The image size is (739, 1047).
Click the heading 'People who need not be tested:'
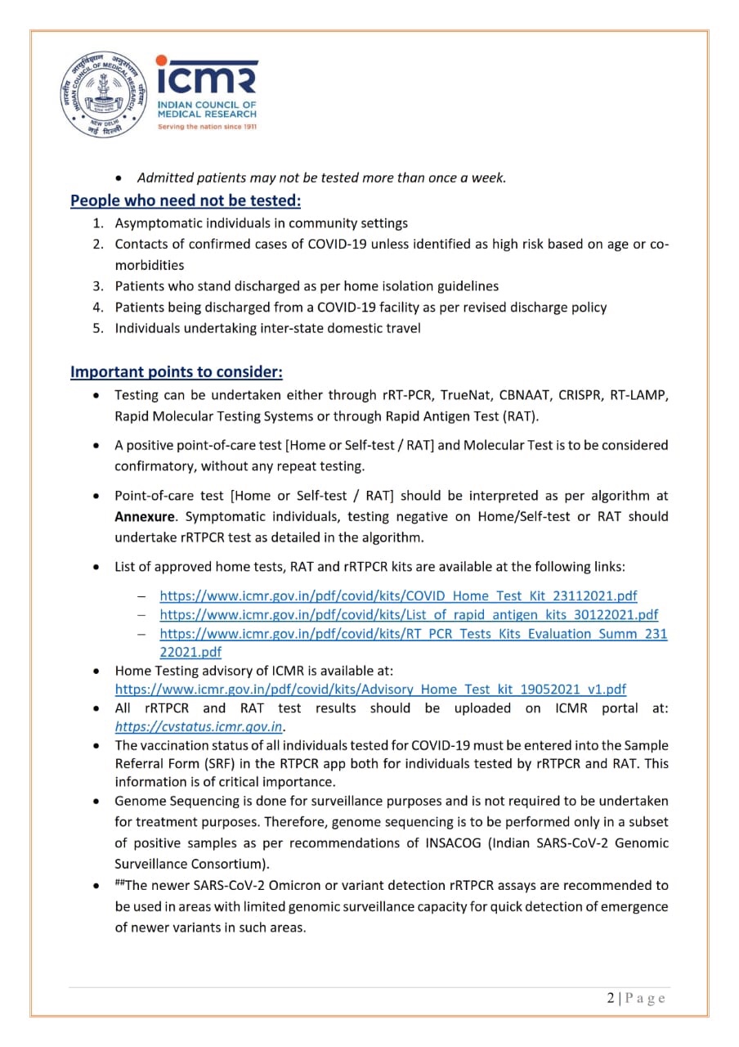(x=186, y=200)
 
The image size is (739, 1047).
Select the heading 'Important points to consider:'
(x=177, y=372)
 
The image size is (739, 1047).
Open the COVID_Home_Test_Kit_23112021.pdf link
(x=398, y=595)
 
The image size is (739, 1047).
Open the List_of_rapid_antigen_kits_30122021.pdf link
(x=409, y=614)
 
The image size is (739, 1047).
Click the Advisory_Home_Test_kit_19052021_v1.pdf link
(x=370, y=690)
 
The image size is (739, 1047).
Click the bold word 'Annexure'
(x=144, y=516)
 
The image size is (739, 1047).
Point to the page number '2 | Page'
(x=636, y=998)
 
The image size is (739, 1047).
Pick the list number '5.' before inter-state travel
(x=97, y=329)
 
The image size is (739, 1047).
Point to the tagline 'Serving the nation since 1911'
(x=207, y=127)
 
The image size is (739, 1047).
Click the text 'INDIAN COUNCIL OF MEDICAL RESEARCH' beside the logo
(x=207, y=110)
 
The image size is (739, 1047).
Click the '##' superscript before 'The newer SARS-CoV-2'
(x=119, y=883)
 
